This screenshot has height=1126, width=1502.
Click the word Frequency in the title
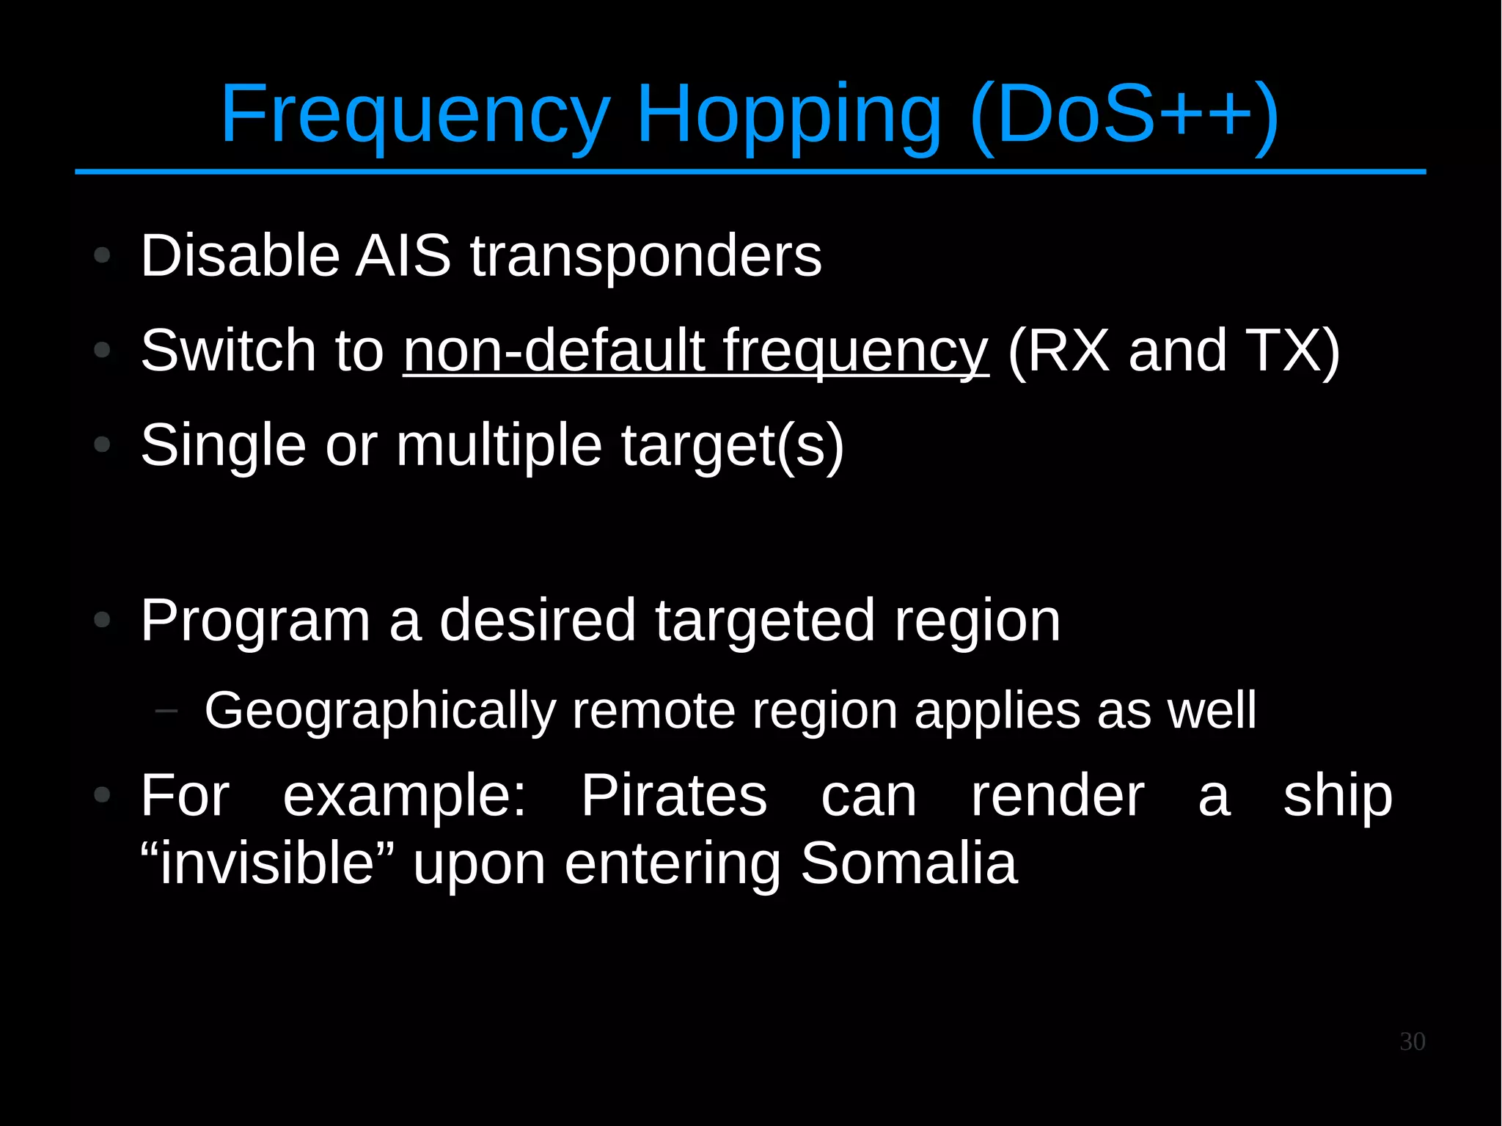414,116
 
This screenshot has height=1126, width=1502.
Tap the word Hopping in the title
788,116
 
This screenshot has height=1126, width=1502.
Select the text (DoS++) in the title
1124,116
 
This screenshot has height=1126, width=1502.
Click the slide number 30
1412,1042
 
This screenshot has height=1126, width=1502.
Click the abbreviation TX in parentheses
1292,351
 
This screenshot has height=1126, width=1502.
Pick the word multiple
499,446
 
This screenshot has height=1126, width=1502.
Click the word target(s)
732,446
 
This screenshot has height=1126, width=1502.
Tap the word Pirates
673,796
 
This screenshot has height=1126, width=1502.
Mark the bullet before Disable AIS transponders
103,256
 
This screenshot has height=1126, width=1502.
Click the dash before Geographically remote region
167,710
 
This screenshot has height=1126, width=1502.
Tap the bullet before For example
103,794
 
